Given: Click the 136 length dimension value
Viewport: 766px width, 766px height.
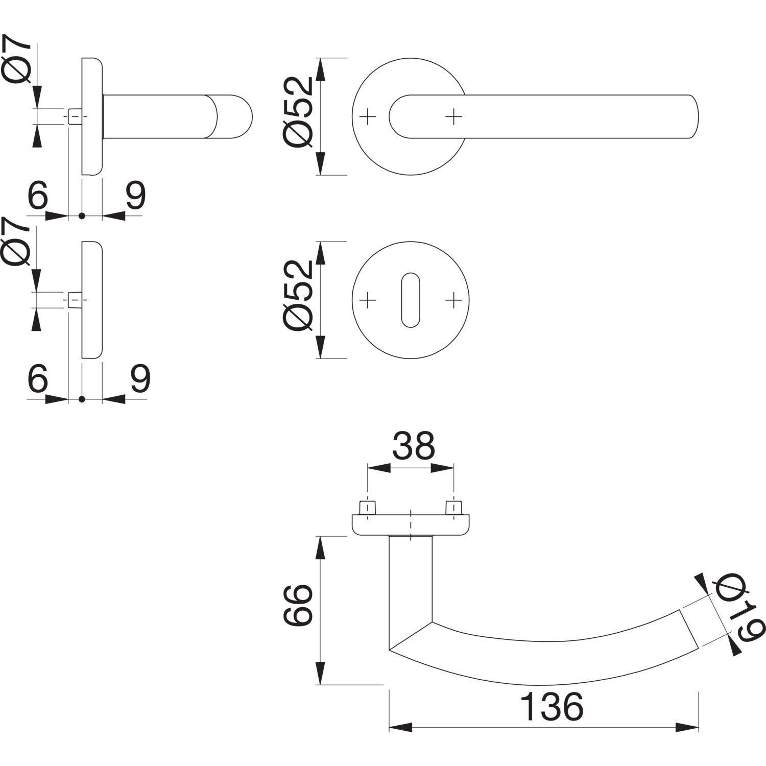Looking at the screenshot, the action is (552, 707).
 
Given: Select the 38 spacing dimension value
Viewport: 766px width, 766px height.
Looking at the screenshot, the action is (414, 446).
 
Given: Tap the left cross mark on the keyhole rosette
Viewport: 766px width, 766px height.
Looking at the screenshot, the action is (368, 300).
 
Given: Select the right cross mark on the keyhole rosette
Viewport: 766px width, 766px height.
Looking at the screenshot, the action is (453, 300).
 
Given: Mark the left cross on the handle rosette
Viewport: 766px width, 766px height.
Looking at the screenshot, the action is (368, 117).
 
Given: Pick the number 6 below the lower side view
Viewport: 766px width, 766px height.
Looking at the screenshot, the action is (38, 378).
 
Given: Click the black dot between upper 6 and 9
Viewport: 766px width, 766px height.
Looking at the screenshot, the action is (82, 216).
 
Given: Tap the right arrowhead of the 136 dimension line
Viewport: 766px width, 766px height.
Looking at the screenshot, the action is (687, 727).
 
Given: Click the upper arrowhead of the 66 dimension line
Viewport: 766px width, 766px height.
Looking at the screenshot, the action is (320, 547).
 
